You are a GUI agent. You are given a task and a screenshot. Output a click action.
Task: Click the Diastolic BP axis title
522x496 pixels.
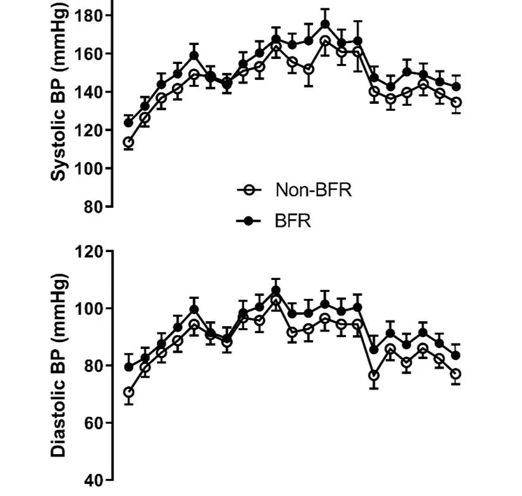click(58, 366)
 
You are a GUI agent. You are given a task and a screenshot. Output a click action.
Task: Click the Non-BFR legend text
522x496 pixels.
click(313, 189)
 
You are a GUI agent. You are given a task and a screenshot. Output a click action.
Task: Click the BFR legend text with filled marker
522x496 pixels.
click(293, 221)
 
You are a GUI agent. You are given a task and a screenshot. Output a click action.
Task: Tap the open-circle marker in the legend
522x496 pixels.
click(249, 189)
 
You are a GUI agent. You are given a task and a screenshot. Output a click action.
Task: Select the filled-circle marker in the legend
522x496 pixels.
click(249, 221)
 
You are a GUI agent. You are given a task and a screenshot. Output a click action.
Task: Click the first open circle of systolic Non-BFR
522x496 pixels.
click(128, 143)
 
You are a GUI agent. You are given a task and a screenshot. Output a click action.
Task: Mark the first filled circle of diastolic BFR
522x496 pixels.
click(128, 367)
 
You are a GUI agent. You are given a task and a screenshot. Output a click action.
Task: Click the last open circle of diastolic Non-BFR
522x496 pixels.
click(456, 374)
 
